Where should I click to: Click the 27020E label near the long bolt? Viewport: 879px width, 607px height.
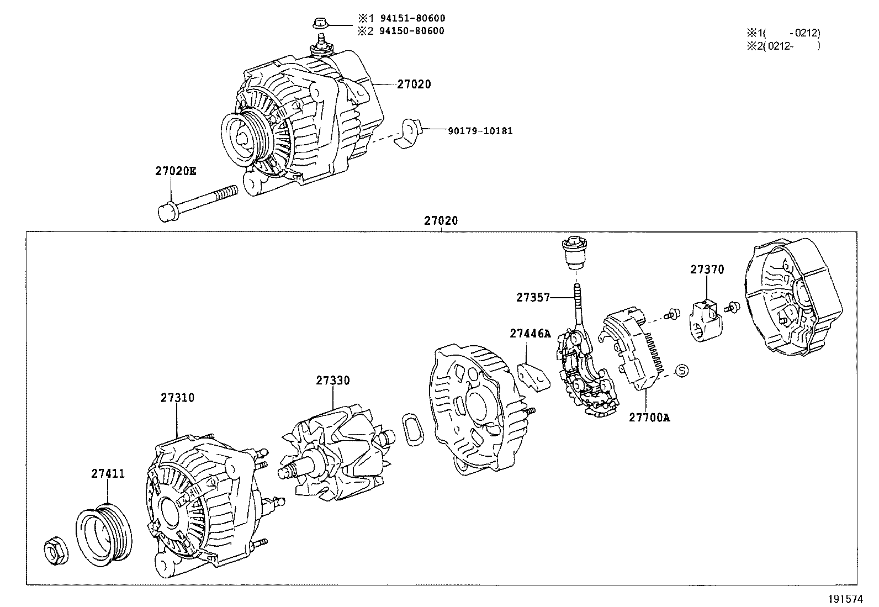(175, 171)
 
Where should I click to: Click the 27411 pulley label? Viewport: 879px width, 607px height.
(108, 473)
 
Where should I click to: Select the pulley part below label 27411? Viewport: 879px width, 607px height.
(104, 533)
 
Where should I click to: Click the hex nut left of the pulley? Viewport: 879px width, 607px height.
(55, 551)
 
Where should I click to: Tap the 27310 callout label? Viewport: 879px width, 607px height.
(178, 397)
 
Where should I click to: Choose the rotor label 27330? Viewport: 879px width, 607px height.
(333, 381)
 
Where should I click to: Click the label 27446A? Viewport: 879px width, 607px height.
(530, 334)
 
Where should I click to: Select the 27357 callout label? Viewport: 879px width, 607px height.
(533, 297)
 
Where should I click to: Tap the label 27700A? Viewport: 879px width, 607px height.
(649, 418)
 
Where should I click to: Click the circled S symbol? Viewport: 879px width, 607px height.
(682, 371)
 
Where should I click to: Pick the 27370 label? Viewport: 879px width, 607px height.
(707, 270)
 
